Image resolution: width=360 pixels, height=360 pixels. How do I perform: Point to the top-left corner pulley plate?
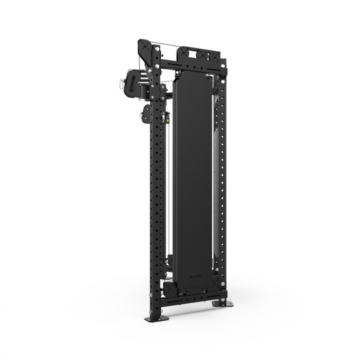146,50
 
